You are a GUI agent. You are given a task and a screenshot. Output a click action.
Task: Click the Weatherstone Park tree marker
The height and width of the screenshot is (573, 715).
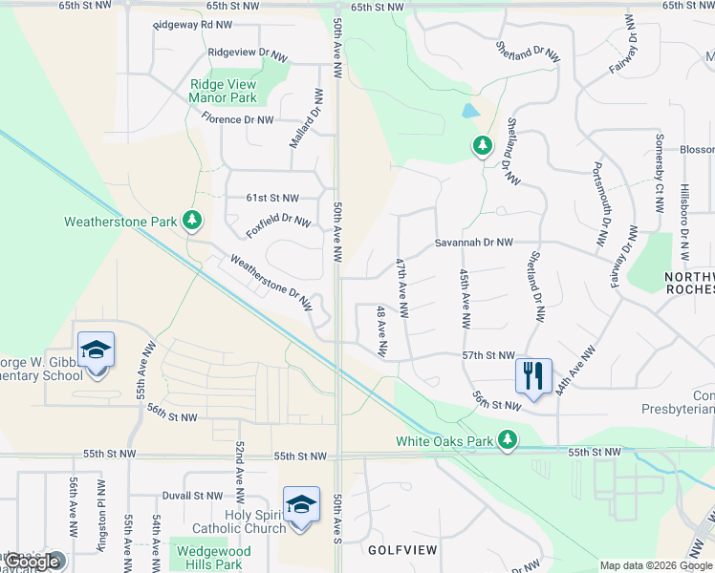[192, 221]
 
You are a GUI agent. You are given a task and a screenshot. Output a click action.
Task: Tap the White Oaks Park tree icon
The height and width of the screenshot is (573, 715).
[510, 440]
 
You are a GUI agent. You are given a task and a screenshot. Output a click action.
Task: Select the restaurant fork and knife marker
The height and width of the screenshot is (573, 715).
[532, 374]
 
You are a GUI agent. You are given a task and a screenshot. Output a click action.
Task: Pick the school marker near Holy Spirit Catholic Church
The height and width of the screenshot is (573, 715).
[301, 503]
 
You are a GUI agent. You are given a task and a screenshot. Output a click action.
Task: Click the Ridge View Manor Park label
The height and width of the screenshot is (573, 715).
[223, 91]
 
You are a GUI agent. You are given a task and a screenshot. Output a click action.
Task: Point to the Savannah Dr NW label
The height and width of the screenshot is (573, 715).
[474, 244]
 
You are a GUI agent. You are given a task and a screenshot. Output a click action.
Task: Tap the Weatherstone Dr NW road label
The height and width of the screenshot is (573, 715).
[271, 282]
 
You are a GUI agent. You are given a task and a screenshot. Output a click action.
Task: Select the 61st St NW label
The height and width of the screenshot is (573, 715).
[272, 198]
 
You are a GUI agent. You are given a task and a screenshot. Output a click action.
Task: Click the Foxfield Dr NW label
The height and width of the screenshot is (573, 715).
[278, 227]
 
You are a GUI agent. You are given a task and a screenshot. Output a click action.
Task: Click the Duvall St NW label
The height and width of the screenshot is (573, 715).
[191, 497]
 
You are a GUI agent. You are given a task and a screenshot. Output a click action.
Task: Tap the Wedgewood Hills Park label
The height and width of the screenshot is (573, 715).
[210, 558]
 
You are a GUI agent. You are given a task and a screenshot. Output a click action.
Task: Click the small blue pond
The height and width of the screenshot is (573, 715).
[470, 111]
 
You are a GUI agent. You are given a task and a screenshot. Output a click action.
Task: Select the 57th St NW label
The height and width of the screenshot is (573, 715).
[488, 354]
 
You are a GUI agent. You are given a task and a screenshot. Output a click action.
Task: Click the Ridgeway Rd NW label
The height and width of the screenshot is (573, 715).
[192, 24]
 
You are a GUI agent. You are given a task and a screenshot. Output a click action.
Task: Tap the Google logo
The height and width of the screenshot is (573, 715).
[31, 562]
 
